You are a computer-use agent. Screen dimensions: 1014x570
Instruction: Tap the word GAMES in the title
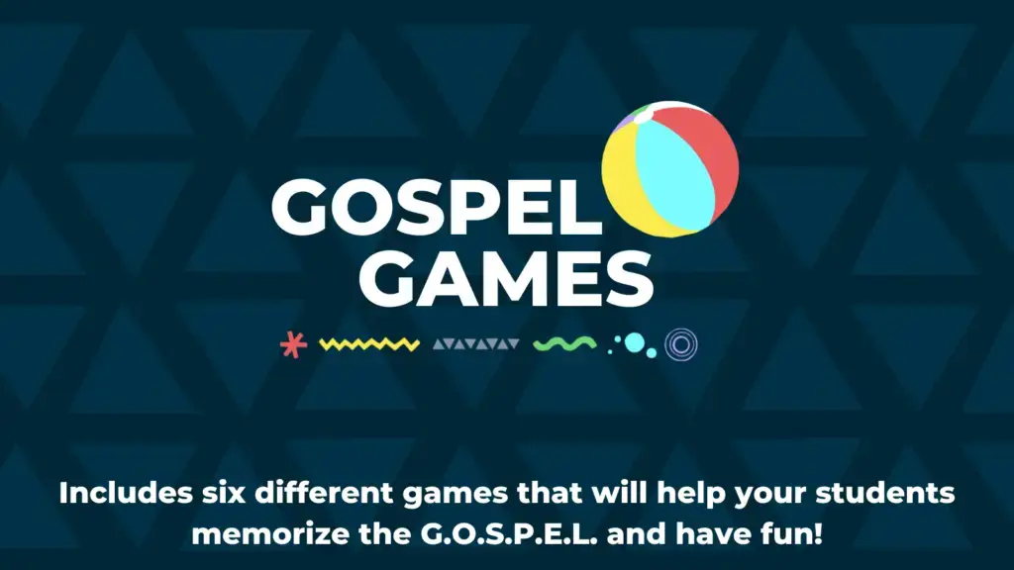click(x=506, y=278)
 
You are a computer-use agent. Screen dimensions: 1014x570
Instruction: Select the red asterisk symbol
click(x=293, y=344)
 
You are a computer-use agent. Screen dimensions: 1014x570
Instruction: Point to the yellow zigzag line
click(x=369, y=343)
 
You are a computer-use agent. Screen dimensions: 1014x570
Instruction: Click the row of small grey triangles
click(x=476, y=343)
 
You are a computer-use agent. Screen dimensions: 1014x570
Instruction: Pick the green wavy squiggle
click(x=564, y=343)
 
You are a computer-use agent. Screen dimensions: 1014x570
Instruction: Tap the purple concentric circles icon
click(x=681, y=343)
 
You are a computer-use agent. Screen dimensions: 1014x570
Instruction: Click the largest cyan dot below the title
click(x=635, y=343)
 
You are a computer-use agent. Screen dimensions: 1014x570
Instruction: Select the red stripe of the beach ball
click(x=705, y=161)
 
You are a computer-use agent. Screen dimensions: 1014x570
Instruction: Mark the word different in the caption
click(x=324, y=493)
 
